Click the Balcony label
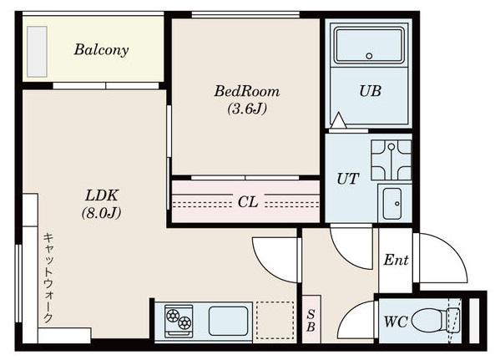pos(101,50)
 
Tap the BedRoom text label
pos(247,92)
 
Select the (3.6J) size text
pos(247,109)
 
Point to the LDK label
pos(102,195)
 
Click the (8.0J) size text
pos(101,213)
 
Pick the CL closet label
pos(248,202)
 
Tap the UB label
pos(370,91)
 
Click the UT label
pos(348,179)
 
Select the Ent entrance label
pos(397,261)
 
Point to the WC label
pos(396,322)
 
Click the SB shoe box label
pos(311,321)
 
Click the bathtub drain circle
pos(369,56)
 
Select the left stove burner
pos(173,316)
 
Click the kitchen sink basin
pos(228,321)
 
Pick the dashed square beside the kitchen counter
pos(275,320)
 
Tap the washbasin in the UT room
pos(392,204)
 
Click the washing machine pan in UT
pos(391,160)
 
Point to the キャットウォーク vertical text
pos(48,278)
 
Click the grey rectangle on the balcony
pos(37,52)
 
